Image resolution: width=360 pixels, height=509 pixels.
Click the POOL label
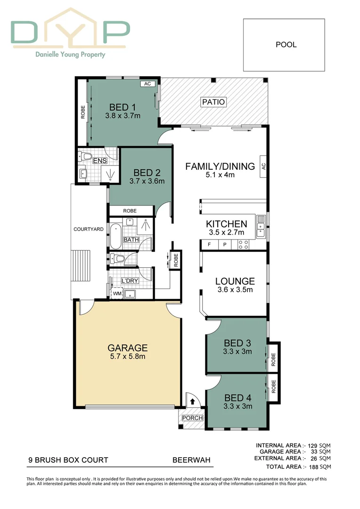[x=286, y=45]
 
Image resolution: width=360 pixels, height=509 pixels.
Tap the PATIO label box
[x=213, y=102]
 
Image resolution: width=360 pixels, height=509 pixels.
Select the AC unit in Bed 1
[x=147, y=84]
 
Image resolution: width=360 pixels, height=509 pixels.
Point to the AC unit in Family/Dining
[x=264, y=166]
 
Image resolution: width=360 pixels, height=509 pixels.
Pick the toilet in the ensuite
[x=86, y=156]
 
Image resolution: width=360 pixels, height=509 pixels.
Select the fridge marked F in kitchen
[x=209, y=245]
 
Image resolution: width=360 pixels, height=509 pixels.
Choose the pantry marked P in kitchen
[x=225, y=245]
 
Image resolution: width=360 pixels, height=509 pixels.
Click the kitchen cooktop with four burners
[x=243, y=245]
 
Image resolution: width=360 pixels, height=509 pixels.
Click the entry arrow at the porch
[x=193, y=402]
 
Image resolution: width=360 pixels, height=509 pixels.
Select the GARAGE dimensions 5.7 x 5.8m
[x=127, y=357]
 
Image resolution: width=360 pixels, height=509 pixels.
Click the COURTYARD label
[x=89, y=229]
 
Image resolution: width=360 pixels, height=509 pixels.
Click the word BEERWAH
[x=191, y=460]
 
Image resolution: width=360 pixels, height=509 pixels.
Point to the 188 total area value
[x=313, y=467]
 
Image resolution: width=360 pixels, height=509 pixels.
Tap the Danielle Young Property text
[x=71, y=55]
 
